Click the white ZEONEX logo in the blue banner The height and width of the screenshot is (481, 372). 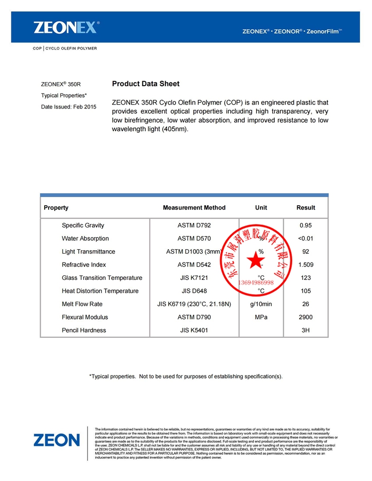pyautogui.click(x=66, y=27)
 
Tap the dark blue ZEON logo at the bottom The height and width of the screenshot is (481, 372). pyautogui.click(x=57, y=440)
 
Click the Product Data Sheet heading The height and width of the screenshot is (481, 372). pyautogui.click(x=146, y=84)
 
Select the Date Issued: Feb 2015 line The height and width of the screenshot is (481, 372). pyautogui.click(x=68, y=107)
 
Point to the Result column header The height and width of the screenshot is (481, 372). pyautogui.click(x=306, y=208)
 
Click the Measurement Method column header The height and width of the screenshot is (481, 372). pyautogui.click(x=194, y=208)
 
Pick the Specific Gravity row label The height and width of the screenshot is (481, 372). pyautogui.click(x=83, y=225)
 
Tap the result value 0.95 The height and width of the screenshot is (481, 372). pyautogui.click(x=306, y=225)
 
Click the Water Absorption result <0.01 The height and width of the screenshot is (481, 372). pyautogui.click(x=306, y=238)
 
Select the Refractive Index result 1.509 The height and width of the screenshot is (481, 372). pyautogui.click(x=306, y=265)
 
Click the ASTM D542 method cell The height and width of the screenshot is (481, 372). pyautogui.click(x=194, y=265)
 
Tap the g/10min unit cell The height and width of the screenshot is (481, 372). pyautogui.click(x=261, y=304)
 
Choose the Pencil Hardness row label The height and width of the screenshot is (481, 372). pyautogui.click(x=84, y=330)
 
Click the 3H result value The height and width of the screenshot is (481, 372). pyautogui.click(x=306, y=330)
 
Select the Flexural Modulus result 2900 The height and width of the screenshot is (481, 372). pyautogui.click(x=306, y=317)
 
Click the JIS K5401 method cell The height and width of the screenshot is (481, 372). pyautogui.click(x=194, y=330)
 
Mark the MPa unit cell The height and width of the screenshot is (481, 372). pyautogui.click(x=261, y=317)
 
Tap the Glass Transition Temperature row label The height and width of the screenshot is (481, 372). pyautogui.click(x=102, y=278)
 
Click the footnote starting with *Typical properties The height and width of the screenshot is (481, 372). pyautogui.click(x=186, y=376)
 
